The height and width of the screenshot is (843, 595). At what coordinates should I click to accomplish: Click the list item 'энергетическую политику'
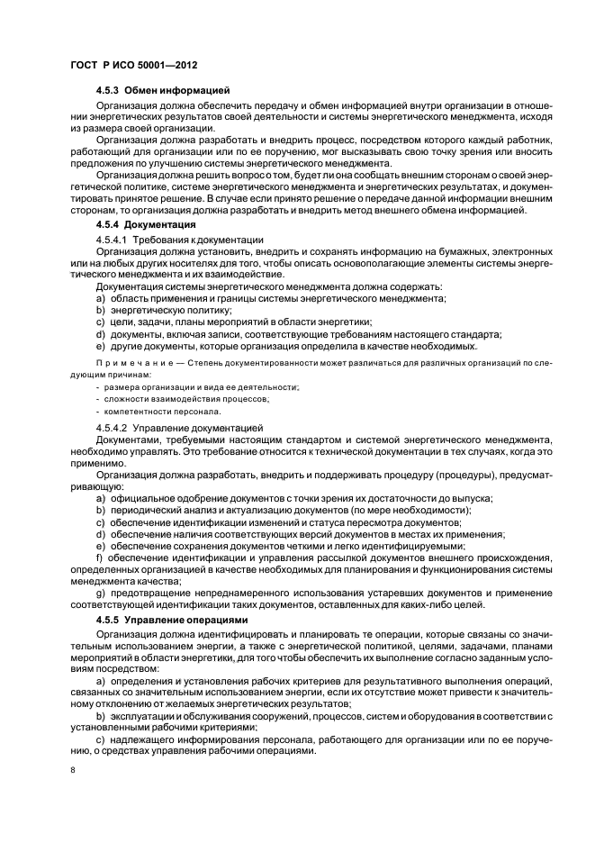click(158, 309)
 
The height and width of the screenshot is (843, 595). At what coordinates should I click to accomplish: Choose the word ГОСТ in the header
click(84, 67)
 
